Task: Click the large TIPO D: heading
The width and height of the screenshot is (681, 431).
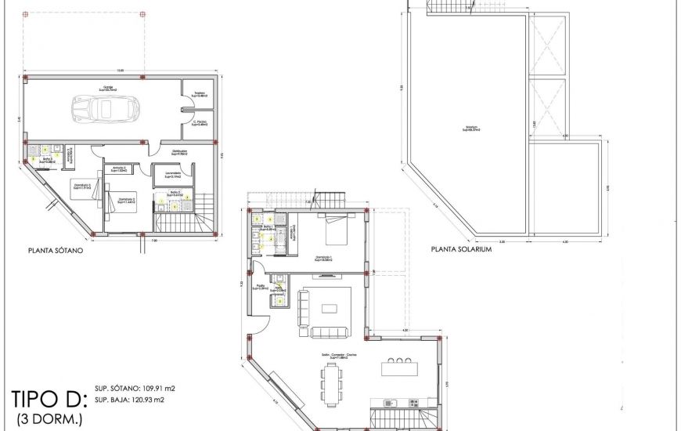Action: (x=48, y=397)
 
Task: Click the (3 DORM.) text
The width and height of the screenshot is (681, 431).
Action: (x=49, y=418)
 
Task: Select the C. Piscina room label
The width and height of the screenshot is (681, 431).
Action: (x=199, y=122)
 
